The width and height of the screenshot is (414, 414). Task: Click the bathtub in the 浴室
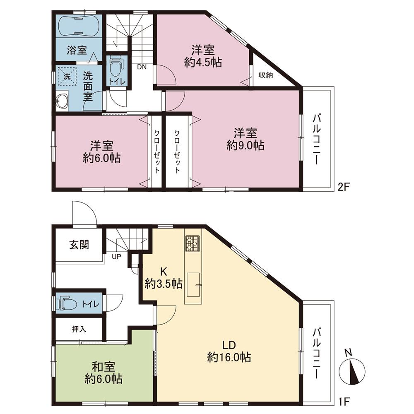(79, 26)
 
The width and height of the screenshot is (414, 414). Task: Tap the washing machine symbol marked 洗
(67, 76)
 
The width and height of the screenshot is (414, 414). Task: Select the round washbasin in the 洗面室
(62, 101)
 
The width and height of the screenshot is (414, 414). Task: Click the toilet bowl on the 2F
(115, 67)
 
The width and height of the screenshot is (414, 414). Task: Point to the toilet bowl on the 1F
(67, 304)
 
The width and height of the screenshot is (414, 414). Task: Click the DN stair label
(142, 67)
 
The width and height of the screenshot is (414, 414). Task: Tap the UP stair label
(116, 256)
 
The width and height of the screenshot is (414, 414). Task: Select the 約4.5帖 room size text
(203, 63)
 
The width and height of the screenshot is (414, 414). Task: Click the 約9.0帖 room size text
(245, 145)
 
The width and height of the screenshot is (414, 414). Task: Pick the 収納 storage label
(265, 75)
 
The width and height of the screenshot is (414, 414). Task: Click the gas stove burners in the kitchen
(193, 243)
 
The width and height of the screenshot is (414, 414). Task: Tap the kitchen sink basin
(194, 285)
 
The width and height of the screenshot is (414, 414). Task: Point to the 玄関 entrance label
(79, 245)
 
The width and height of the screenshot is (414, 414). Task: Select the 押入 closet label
(79, 329)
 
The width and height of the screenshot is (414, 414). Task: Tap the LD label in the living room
(229, 345)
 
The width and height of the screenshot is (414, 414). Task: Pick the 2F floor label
(344, 187)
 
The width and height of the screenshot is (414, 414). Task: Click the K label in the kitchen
(164, 271)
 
